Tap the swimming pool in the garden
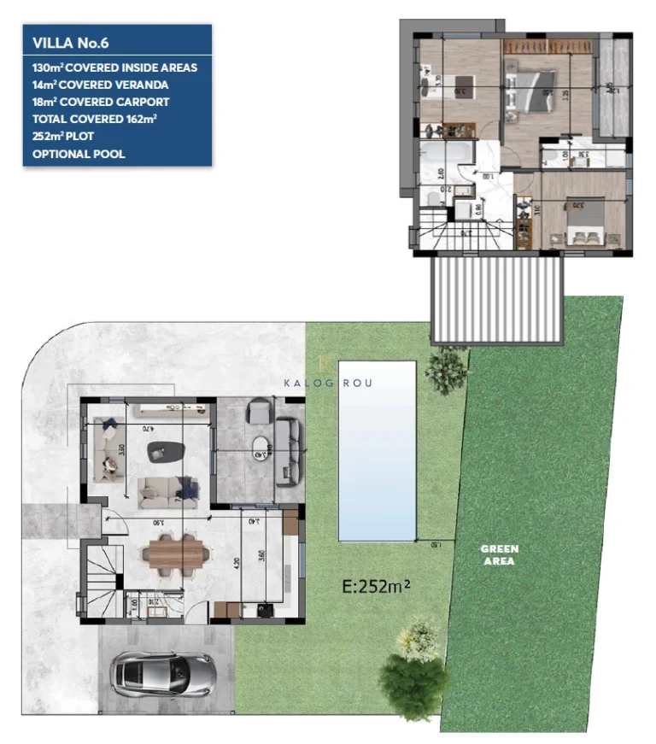[x=377, y=449]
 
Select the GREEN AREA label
[x=500, y=555]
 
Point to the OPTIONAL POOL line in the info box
[x=79, y=154]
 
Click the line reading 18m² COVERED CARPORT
[x=101, y=102]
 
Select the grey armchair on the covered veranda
[x=258, y=413]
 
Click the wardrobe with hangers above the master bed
[x=547, y=44]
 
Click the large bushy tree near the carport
[x=414, y=675]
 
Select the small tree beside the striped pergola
[x=445, y=367]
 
